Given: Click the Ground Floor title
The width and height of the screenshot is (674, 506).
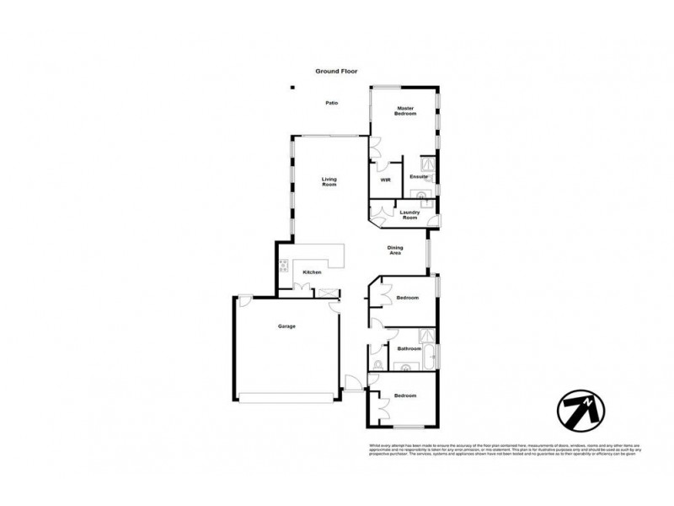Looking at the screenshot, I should point(337,72).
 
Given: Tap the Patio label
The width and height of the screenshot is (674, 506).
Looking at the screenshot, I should point(332,103).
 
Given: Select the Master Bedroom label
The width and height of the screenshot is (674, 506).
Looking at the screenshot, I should point(406,110).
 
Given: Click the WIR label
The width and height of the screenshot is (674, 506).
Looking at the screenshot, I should point(385,180).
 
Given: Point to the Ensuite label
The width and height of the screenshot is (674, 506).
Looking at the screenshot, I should point(418,177).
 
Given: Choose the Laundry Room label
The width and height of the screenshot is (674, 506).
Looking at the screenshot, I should point(409,215).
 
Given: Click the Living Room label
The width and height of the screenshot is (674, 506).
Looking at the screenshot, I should point(329,180).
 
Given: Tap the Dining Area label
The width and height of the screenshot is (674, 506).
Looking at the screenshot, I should point(395,249).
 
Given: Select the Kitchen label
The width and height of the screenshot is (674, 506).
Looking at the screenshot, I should point(313,272).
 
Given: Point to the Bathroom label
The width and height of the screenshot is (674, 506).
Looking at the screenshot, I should point(409,347).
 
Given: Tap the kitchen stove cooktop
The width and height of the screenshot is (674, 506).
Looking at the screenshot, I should point(285,265).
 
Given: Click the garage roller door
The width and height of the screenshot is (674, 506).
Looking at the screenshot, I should point(287,398).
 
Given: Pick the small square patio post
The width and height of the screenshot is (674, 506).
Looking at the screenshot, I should point(292,86).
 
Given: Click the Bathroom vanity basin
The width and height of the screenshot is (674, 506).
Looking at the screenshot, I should point(407,367).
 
